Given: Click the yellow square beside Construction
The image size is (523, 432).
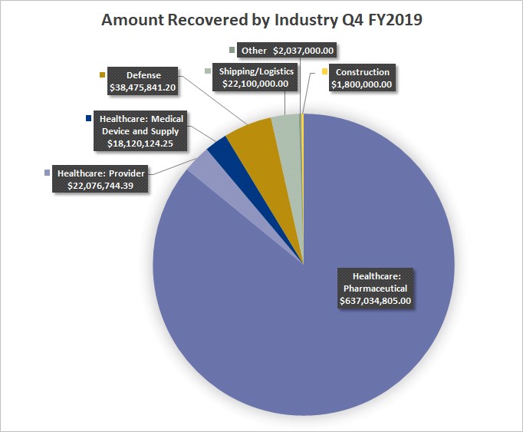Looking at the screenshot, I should point(325,73).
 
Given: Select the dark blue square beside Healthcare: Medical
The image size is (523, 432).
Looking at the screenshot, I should point(89,119).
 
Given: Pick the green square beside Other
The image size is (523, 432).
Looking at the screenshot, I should point(232,51).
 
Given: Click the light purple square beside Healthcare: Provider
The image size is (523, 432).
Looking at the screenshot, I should point(48,173).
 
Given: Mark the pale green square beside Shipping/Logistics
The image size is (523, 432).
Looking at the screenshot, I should point(208,71).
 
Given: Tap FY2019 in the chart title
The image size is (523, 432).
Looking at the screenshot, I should point(396,20).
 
